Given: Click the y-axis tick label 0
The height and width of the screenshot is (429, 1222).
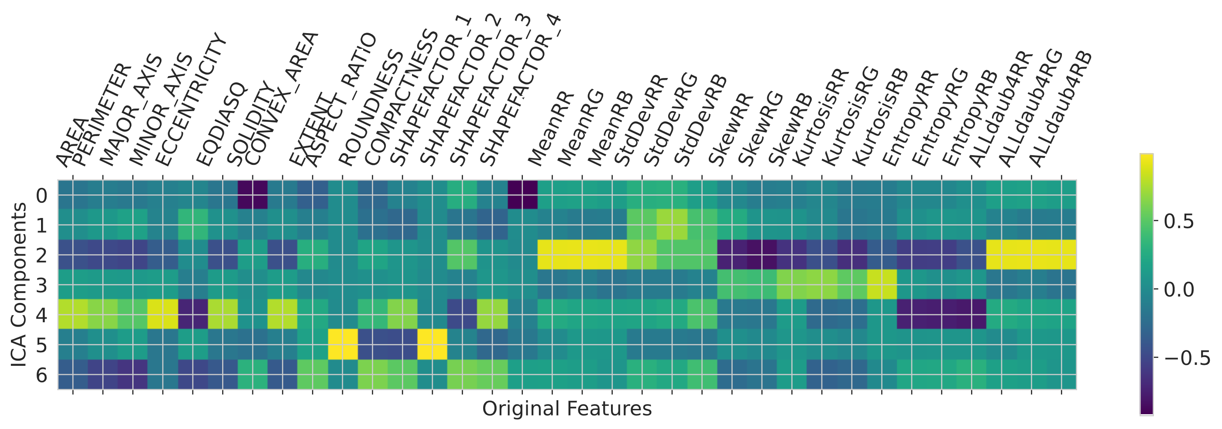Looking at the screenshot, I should [42, 195].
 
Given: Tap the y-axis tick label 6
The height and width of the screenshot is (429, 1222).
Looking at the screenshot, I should [42, 375].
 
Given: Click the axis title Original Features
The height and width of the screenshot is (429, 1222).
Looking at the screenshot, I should [567, 409].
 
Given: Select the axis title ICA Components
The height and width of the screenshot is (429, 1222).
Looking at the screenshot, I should [19, 284].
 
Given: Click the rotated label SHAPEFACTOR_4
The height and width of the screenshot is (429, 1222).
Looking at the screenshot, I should [521, 90].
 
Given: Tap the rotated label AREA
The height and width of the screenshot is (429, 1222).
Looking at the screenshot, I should [71, 142].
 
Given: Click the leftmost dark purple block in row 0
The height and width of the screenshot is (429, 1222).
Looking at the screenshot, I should [252, 195].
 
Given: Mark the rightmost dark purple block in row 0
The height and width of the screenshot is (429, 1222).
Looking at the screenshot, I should [522, 195].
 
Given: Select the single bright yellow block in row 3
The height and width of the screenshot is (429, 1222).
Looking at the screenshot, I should [882, 284].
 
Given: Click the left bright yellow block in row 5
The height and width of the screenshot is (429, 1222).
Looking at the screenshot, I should [343, 344].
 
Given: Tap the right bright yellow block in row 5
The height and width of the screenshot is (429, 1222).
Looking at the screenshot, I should [432, 344].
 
